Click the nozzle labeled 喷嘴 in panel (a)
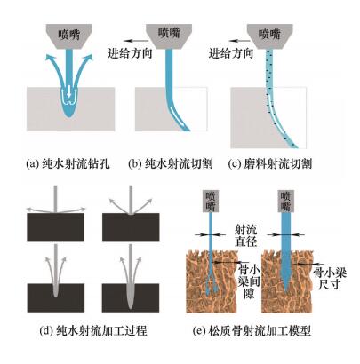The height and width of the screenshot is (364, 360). [x=68, y=36]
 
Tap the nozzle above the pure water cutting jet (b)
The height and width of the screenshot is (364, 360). [x=169, y=36]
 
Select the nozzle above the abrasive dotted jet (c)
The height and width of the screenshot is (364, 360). [x=269, y=36]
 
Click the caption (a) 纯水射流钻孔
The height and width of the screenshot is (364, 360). [x=68, y=163]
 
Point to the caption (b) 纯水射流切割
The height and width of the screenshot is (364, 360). [x=171, y=163]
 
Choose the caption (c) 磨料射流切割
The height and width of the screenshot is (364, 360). [x=270, y=163]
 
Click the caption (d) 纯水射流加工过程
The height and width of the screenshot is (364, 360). [x=93, y=330]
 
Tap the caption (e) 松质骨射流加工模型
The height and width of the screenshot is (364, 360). [x=252, y=330]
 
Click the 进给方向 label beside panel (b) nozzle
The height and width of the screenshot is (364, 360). [x=130, y=53]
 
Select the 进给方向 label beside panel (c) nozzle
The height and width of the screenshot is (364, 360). [x=231, y=53]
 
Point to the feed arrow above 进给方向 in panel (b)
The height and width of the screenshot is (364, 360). [x=136, y=41]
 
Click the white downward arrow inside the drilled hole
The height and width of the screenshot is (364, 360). [x=69, y=91]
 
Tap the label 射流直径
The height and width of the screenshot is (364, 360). [x=245, y=235]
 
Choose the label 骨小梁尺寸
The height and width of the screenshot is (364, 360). [x=330, y=279]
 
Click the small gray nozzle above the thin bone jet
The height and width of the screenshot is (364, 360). [x=211, y=202]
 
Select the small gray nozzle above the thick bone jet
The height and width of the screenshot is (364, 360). [x=286, y=202]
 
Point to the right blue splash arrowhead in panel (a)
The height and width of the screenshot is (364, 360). [x=88, y=58]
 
